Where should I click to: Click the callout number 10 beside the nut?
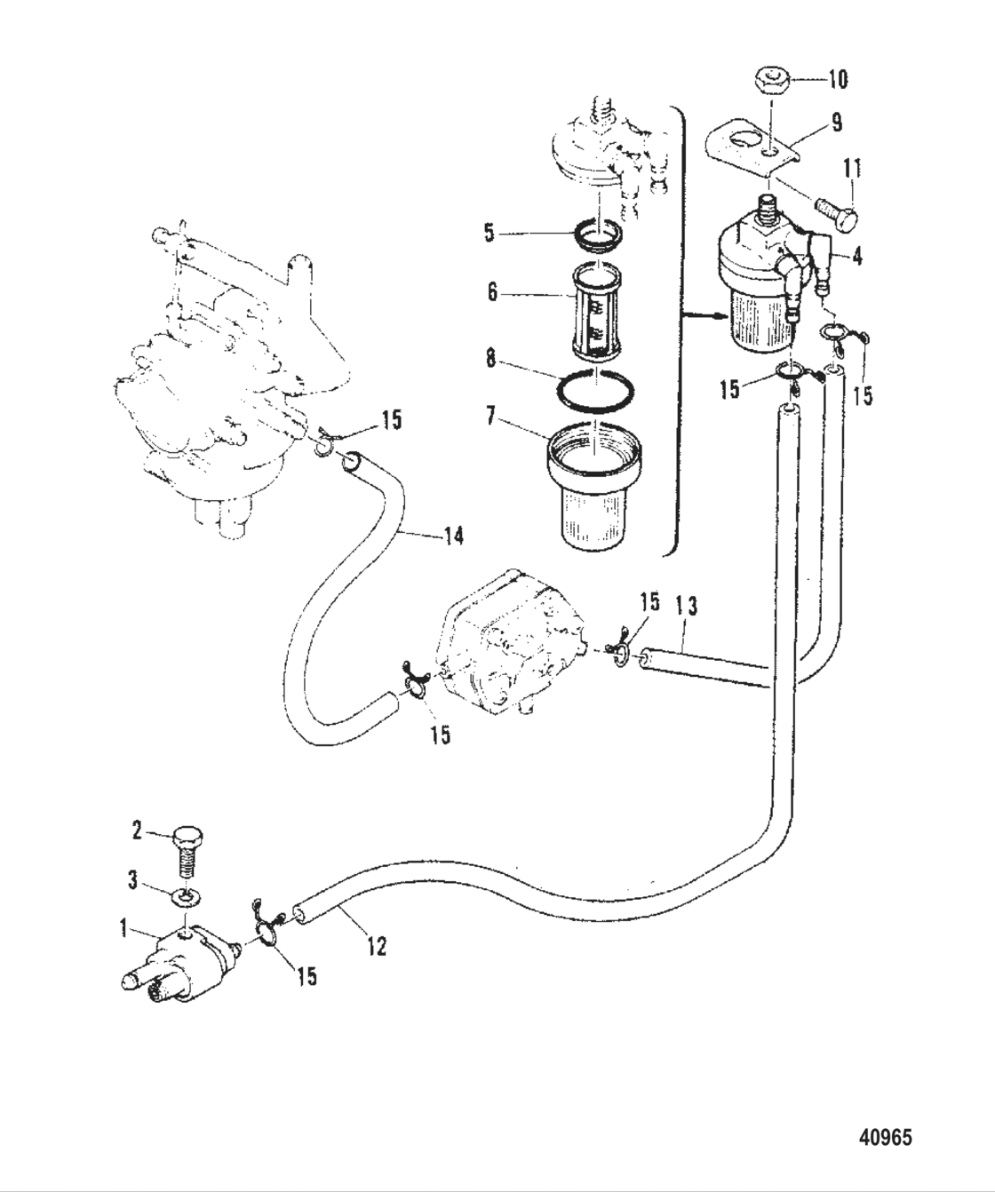[838, 79]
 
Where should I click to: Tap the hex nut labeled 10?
[770, 81]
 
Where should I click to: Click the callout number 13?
[686, 607]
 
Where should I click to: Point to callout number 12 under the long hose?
[377, 946]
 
